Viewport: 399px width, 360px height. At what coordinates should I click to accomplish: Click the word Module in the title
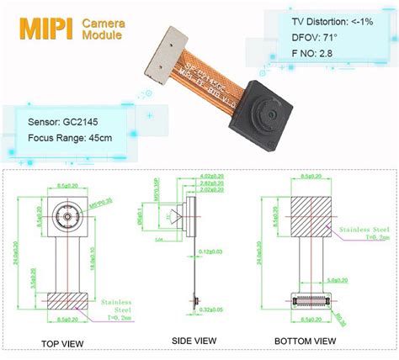[102, 37]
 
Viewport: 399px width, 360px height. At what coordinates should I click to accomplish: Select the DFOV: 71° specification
[311, 38]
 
